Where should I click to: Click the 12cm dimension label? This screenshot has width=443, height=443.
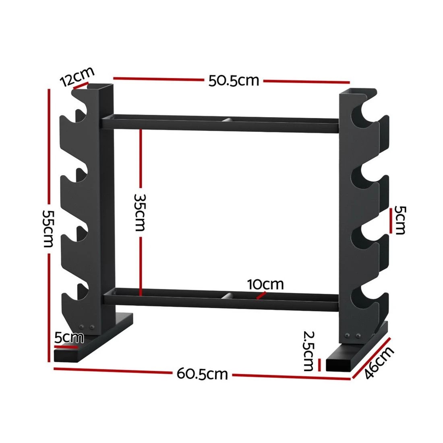click(77, 77)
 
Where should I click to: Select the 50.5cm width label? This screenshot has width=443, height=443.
click(234, 81)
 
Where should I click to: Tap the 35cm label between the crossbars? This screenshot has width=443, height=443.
click(139, 212)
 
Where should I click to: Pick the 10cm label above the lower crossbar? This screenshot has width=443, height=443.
click(265, 284)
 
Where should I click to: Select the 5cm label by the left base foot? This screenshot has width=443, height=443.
click(69, 337)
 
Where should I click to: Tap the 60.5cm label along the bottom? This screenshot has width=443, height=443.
click(202, 374)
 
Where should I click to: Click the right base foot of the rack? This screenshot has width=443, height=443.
click(354, 350)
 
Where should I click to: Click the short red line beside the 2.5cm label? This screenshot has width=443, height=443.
click(319, 365)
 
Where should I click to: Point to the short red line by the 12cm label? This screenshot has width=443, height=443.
click(80, 87)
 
